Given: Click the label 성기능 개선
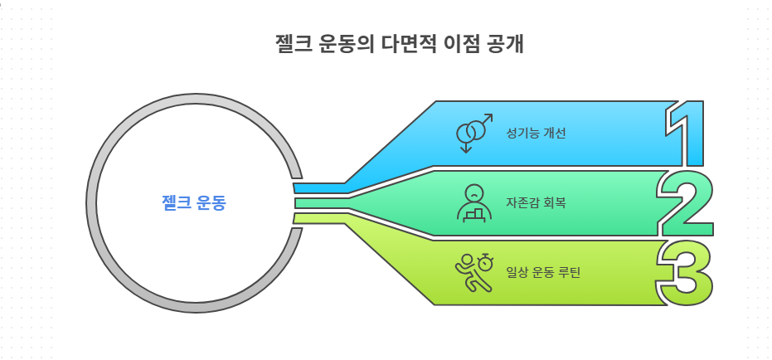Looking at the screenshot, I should coord(536,133).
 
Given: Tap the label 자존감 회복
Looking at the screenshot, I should coord(536,202).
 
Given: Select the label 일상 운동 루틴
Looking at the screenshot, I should coord(542,271).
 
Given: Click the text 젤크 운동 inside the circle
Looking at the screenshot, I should coord(193,203).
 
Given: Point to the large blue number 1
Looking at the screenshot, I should coord(687,133).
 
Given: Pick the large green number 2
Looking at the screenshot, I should coord(686,203).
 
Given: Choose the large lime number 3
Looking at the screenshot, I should coord(686,272).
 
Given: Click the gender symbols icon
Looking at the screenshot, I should coord(474,133).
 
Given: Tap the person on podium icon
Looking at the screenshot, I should coord(473,202).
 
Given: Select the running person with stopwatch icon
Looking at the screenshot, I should coord(473,271).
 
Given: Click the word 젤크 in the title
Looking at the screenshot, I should coord(293,43).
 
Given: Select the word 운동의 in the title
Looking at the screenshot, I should coord(346,43).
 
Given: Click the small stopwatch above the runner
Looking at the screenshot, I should coord(486,263).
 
